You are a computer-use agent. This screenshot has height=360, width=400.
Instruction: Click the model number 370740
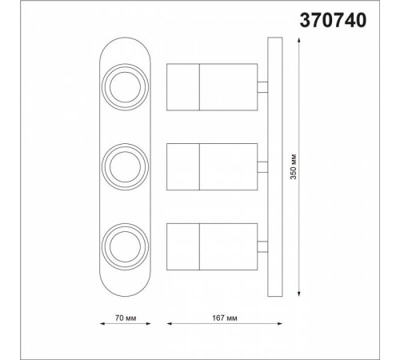click(333, 21)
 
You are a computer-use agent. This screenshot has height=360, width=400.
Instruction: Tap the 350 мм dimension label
click(294, 166)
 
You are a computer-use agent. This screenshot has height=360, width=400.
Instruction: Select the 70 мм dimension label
click(126, 318)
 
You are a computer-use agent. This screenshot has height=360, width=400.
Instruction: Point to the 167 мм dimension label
click(225, 318)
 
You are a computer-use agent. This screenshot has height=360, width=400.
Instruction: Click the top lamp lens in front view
click(125, 87)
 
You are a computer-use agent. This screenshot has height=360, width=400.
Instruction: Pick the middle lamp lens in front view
click(125, 167)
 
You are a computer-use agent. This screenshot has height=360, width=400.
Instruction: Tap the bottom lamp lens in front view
click(125, 247)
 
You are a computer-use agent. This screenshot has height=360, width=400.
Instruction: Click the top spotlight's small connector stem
click(262, 87)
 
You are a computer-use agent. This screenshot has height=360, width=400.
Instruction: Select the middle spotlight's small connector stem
click(262, 167)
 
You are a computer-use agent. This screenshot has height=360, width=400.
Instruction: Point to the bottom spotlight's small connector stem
click(262, 246)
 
